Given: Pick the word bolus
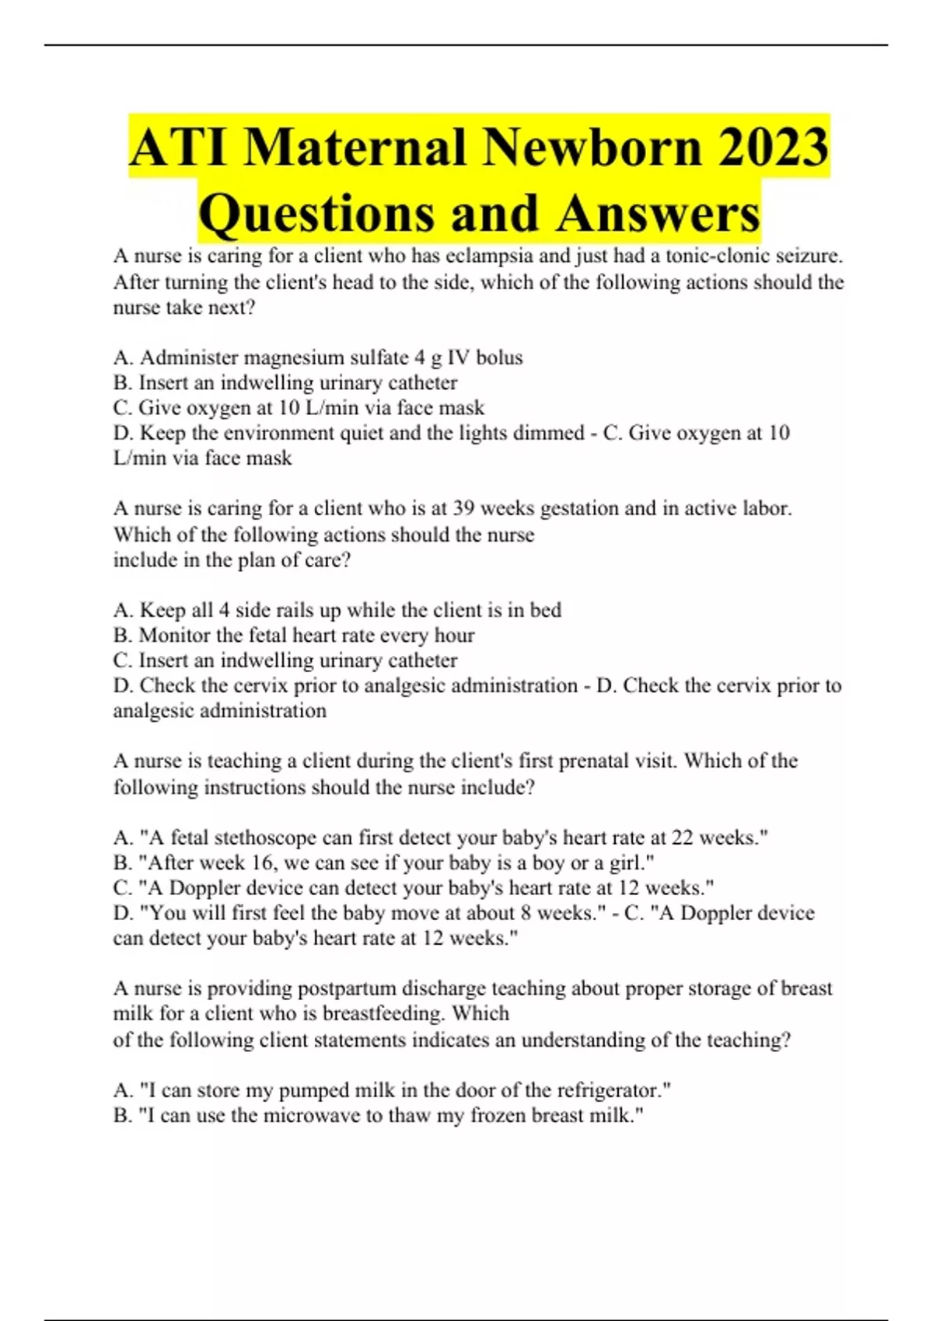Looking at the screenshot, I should pyautogui.click(x=499, y=357).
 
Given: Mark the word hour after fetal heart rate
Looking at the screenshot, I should pyautogui.click(x=454, y=636).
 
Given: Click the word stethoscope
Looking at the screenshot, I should pyautogui.click(x=283, y=838).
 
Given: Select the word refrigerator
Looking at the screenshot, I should pyautogui.click(x=608, y=1090).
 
